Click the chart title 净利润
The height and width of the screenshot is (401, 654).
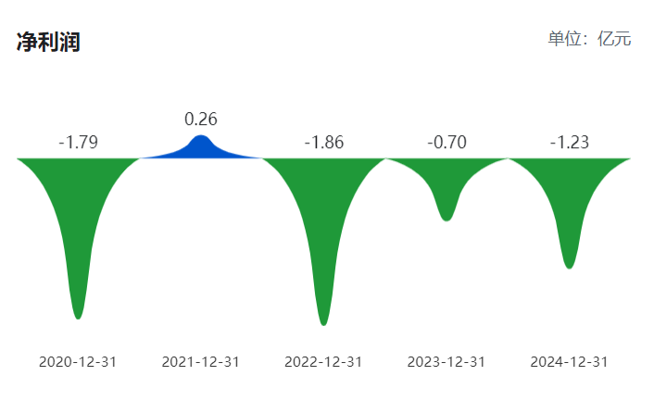click(x=48, y=43)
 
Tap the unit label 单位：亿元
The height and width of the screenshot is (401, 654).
click(x=589, y=39)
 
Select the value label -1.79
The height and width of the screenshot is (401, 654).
click(x=78, y=143)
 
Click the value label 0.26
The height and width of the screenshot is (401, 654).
click(x=201, y=119)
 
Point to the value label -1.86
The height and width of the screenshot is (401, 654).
click(x=323, y=143)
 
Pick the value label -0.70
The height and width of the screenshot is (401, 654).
click(x=446, y=143)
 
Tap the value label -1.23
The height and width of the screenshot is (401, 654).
click(x=569, y=143)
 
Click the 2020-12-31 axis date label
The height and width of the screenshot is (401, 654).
click(x=78, y=361)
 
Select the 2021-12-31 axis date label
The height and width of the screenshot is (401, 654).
click(x=201, y=361)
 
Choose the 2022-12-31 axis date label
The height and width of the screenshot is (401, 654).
click(x=323, y=361)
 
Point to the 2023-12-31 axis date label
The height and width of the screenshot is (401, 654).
click(x=446, y=361)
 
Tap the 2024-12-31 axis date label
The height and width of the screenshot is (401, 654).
click(x=569, y=361)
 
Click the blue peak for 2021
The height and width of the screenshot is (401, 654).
click(x=201, y=148)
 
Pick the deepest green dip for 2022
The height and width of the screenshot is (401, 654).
click(x=323, y=232)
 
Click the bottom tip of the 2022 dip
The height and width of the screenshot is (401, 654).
click(x=323, y=322)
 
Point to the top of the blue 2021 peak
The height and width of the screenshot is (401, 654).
click(x=201, y=137)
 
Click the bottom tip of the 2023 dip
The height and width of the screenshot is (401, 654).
click(x=446, y=219)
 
